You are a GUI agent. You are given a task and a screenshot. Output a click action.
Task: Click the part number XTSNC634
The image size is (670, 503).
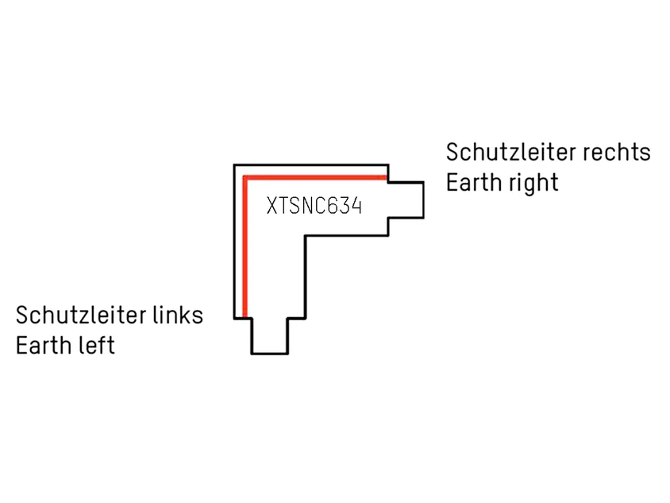314,206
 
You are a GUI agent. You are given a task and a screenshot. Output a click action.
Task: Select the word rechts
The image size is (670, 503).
615,153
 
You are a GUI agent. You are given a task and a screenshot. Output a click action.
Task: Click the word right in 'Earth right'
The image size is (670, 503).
532,184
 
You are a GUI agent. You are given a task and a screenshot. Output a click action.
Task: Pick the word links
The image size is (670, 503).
176,315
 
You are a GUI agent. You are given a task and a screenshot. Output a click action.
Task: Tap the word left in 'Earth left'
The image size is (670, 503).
96,345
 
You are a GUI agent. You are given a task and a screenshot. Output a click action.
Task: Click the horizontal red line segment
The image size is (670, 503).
315,177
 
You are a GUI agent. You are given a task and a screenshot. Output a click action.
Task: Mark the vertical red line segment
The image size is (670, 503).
245,247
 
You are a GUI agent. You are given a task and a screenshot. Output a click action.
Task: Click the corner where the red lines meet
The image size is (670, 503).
245,177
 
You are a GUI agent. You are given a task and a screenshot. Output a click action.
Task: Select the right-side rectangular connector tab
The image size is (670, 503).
406,200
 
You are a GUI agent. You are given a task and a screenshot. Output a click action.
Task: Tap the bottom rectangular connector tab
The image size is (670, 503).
270,336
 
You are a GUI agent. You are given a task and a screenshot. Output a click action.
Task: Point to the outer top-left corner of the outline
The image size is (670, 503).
235,164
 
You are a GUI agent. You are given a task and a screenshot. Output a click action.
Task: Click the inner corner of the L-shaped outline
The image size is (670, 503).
306,236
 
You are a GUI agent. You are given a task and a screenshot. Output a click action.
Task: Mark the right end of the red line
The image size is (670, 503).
387,177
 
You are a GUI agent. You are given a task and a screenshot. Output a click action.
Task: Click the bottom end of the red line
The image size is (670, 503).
245,317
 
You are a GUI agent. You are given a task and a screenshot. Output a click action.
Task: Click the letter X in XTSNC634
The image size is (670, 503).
271,206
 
